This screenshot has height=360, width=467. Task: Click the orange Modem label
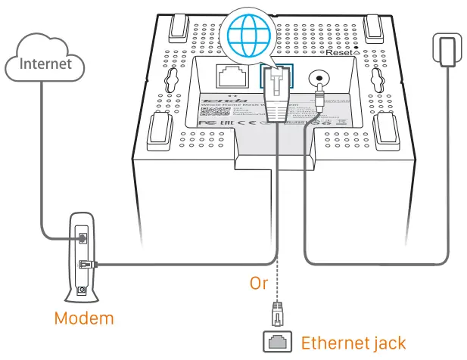[x=83, y=318]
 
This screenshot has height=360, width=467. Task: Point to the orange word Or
[x=260, y=283]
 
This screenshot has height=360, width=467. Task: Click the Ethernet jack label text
[x=353, y=343]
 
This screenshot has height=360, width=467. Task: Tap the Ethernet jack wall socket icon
[x=278, y=343]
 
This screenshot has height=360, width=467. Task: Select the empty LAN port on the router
[x=230, y=76]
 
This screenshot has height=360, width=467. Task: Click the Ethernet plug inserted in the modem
[x=85, y=265]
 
